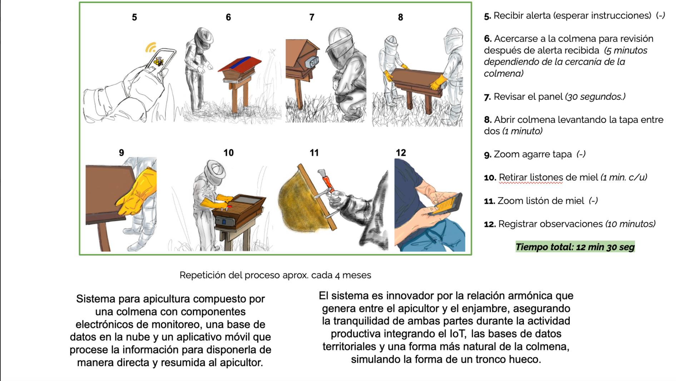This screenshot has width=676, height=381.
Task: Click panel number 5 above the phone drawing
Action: [x=134, y=17]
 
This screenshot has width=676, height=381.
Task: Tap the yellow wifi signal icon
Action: [x=151, y=47]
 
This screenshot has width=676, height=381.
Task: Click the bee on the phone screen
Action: [x=158, y=61]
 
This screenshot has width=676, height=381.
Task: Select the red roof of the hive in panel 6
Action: [x=239, y=64]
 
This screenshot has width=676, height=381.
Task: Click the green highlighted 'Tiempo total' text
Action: [x=575, y=247]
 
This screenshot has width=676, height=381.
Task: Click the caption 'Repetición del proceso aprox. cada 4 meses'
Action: [x=275, y=275]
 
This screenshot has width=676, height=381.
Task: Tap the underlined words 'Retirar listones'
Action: [x=531, y=177]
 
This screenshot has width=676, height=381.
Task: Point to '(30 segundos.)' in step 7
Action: [x=595, y=97]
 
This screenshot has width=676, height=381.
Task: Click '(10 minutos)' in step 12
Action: [x=630, y=224]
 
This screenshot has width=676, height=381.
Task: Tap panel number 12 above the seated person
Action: [x=401, y=153]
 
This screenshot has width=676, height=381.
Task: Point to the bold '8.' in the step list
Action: [x=488, y=120]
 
